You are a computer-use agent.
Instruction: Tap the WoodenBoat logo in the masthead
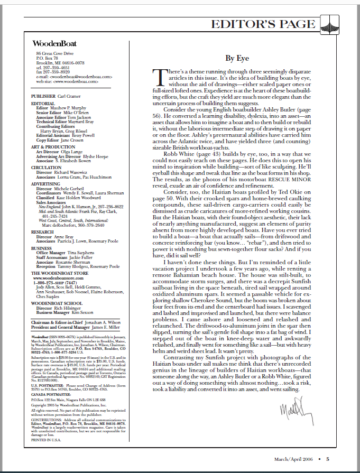click(56, 43)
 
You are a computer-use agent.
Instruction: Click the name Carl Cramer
click(69, 97)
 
